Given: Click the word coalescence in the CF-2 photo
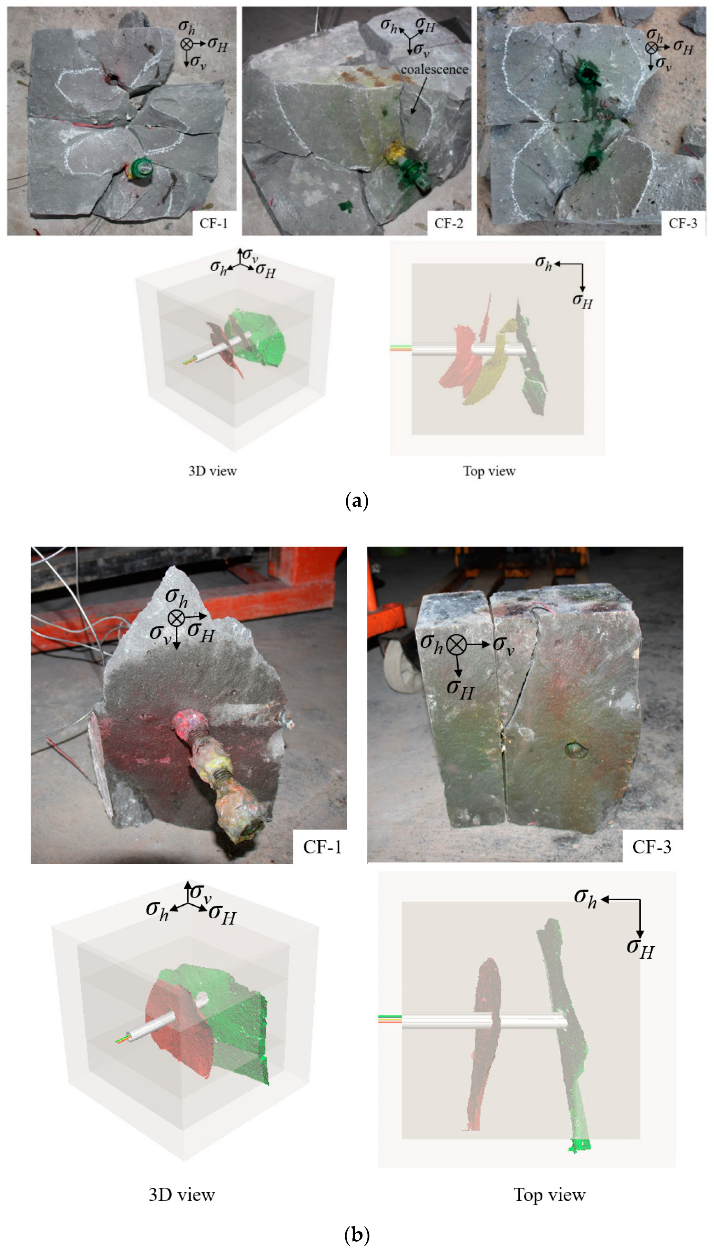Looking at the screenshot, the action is coord(435,70).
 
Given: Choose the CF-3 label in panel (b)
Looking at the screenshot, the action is coord(652,847).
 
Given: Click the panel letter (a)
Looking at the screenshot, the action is coord(357,501).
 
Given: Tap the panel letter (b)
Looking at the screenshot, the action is coord(357,1234).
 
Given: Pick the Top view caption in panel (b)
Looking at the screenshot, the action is coord(549,1195).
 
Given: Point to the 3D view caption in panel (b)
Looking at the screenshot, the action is coord(181,1195).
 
